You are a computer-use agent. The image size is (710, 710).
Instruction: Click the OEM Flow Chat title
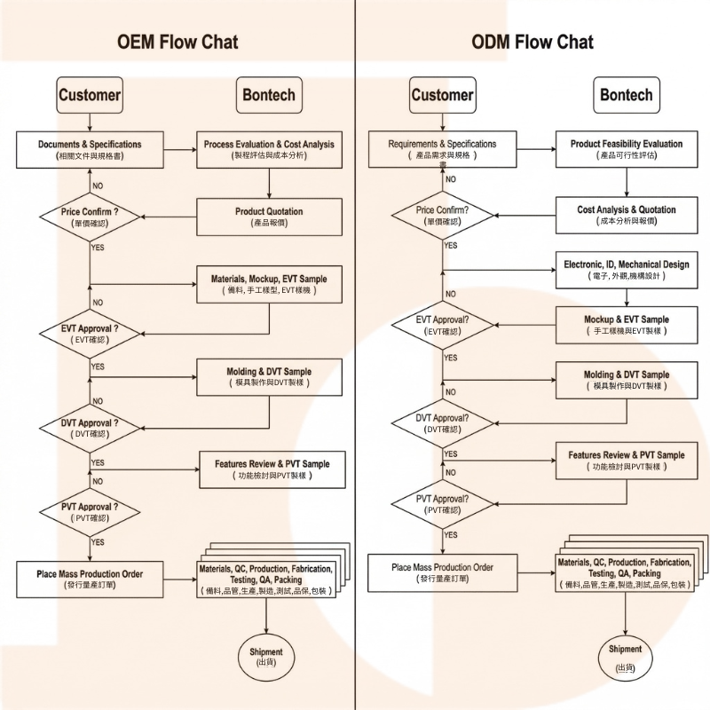click(177, 42)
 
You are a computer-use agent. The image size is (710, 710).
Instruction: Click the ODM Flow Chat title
click(532, 42)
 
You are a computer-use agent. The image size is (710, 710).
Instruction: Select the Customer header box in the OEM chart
click(90, 95)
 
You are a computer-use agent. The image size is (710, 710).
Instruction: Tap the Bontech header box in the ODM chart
click(626, 95)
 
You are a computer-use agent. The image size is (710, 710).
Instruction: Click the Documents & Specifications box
click(90, 149)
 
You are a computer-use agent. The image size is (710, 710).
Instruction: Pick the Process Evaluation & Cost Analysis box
click(269, 149)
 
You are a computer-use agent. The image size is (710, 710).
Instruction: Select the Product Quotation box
click(269, 217)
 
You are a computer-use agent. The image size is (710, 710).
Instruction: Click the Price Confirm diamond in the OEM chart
click(90, 217)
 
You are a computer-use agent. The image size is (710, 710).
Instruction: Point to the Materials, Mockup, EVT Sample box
click(269, 284)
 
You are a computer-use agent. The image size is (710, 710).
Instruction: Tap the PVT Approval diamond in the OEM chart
click(90, 512)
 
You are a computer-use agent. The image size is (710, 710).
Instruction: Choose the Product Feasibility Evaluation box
click(627, 149)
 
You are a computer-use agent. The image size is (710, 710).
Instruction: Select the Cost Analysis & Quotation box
click(627, 215)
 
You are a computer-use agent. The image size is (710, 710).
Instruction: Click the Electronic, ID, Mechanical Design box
click(627, 270)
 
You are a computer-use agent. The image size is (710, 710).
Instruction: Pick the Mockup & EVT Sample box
click(627, 325)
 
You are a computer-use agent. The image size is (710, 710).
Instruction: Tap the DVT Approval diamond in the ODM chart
click(442, 422)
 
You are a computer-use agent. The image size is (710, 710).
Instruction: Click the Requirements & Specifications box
click(442, 149)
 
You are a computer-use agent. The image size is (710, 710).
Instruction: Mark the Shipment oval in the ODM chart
click(625, 655)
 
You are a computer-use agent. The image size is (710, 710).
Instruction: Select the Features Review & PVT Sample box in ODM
click(627, 460)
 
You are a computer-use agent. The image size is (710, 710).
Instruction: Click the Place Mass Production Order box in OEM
click(90, 578)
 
